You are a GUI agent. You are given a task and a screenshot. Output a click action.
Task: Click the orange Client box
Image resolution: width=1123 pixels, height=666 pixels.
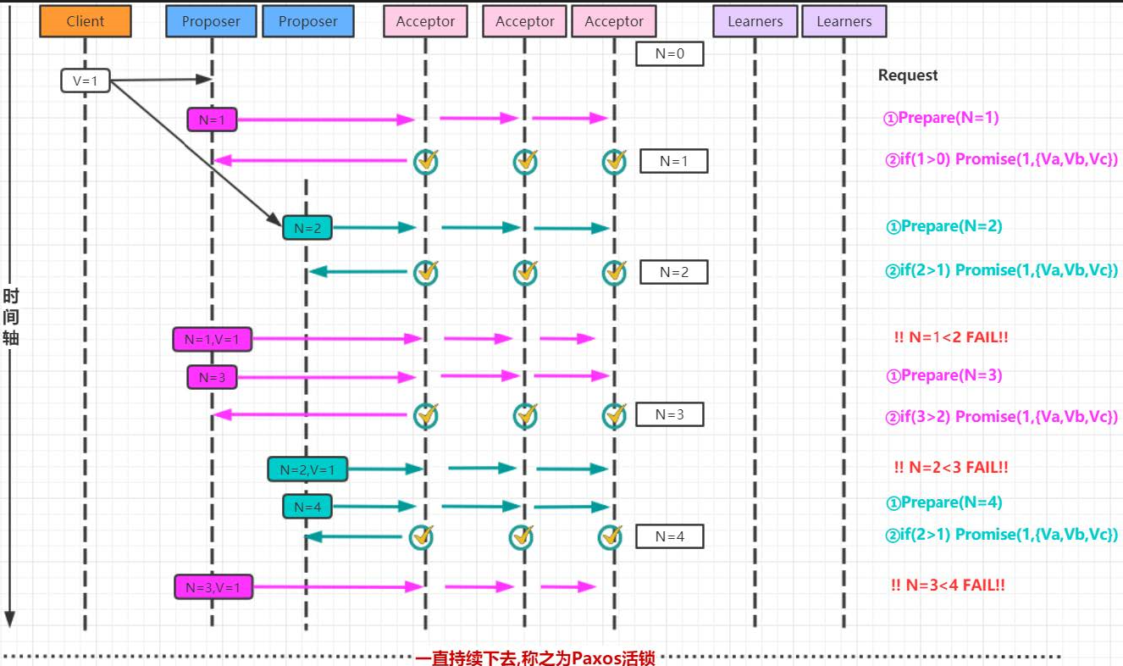[86, 21]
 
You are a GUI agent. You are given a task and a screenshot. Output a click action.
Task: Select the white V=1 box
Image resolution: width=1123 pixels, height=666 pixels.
[86, 81]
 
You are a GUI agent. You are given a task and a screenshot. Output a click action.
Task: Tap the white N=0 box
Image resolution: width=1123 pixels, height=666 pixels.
[670, 53]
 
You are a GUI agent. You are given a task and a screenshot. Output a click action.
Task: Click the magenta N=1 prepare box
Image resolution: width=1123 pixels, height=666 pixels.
[212, 119]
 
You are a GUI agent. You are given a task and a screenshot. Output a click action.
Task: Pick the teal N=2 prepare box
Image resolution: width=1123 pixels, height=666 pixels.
[307, 227]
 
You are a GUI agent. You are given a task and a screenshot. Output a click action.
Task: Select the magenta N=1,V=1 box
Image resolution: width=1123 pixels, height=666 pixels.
[212, 339]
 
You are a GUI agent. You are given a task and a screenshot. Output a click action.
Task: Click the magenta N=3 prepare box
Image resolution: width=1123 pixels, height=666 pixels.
[212, 377]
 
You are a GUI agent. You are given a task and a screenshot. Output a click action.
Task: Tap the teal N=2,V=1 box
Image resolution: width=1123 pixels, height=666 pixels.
[307, 469]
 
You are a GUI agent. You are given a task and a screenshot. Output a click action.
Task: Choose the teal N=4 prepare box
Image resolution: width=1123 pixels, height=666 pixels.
[307, 507]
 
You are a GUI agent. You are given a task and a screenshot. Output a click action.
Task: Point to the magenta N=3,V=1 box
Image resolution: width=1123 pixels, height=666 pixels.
[213, 586]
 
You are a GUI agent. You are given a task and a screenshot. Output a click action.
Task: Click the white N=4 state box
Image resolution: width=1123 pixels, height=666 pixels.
[669, 536]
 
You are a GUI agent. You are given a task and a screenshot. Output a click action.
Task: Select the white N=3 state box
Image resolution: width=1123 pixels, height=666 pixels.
[669, 414]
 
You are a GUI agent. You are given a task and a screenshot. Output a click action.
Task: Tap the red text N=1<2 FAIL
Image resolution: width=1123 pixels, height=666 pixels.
[951, 337]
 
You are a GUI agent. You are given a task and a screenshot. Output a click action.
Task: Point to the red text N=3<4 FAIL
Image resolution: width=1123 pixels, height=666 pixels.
[948, 585]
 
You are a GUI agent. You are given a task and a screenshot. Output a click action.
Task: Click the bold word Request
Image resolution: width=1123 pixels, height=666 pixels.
[908, 75]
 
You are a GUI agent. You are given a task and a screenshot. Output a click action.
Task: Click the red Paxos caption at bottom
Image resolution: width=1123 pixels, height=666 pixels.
[535, 658]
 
